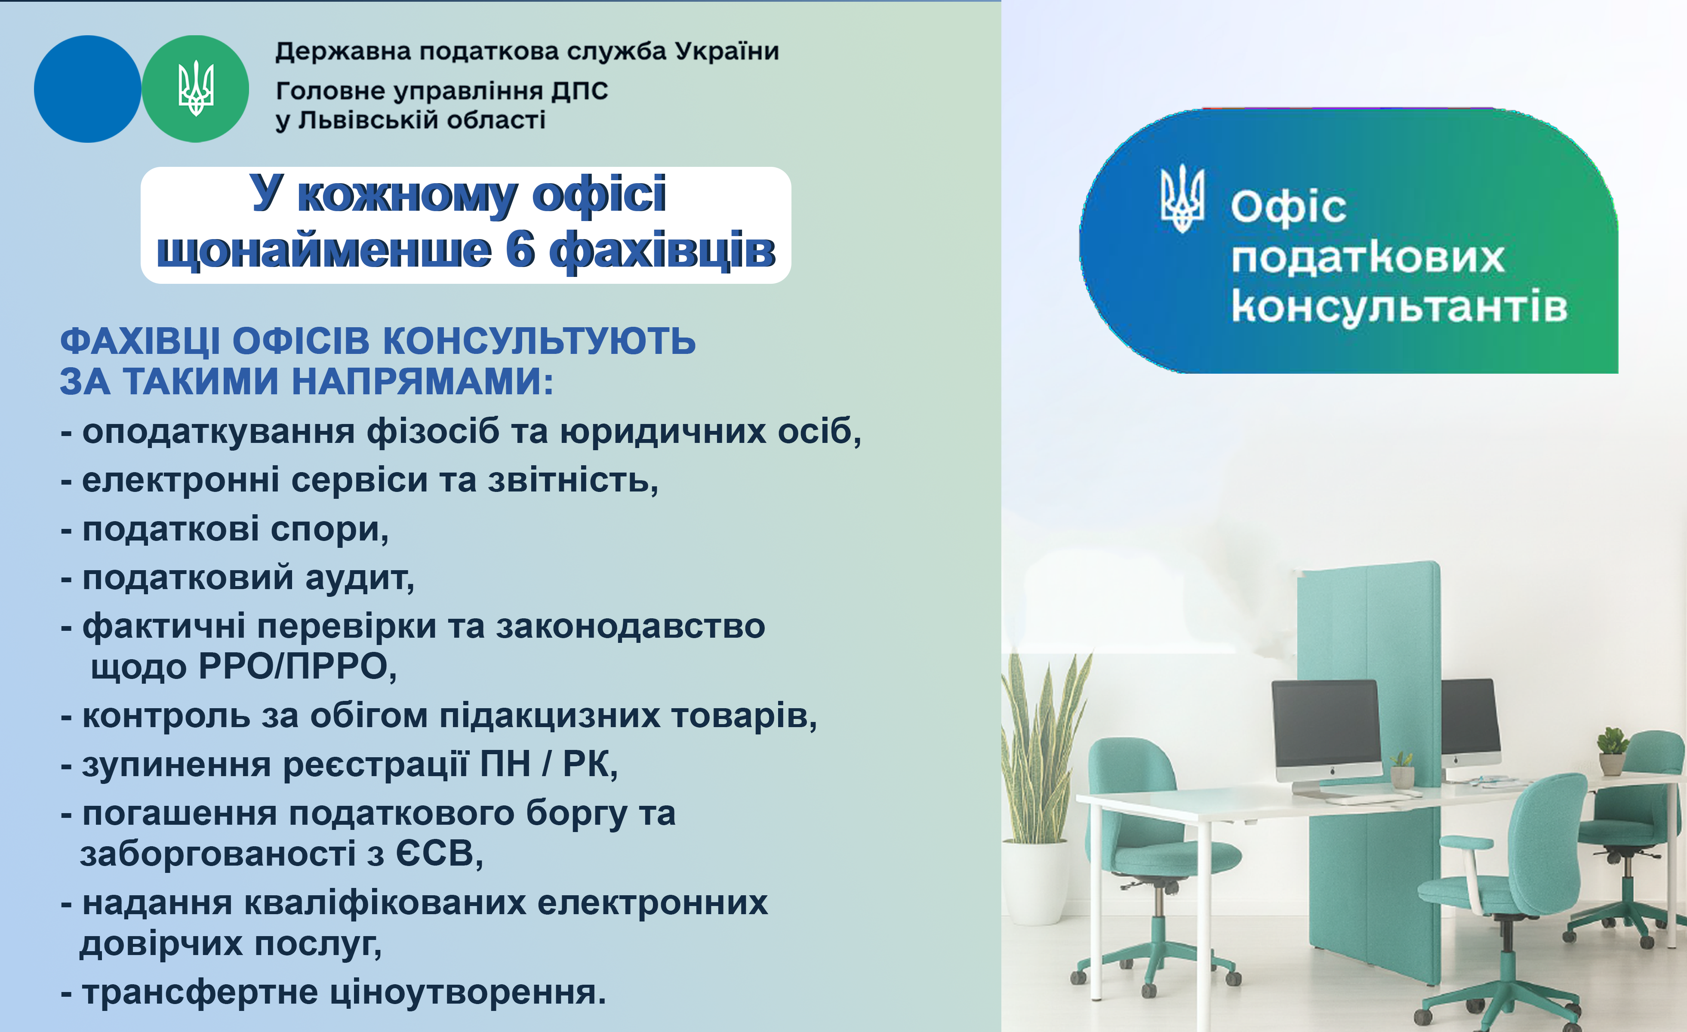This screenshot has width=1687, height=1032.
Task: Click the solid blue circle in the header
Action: [x=88, y=89]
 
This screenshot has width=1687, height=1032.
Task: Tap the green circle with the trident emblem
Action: [x=195, y=89]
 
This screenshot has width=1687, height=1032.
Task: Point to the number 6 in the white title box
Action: [x=520, y=250]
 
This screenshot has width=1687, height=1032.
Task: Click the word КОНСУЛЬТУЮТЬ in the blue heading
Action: [x=539, y=341]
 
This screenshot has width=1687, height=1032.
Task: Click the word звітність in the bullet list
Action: [x=573, y=480]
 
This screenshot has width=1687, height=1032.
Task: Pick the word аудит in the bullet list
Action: [x=360, y=578]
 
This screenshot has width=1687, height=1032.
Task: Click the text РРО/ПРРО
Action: [x=298, y=666]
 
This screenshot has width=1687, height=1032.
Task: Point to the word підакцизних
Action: [x=550, y=716]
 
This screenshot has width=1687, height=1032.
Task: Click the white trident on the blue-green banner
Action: [x=1182, y=199]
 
